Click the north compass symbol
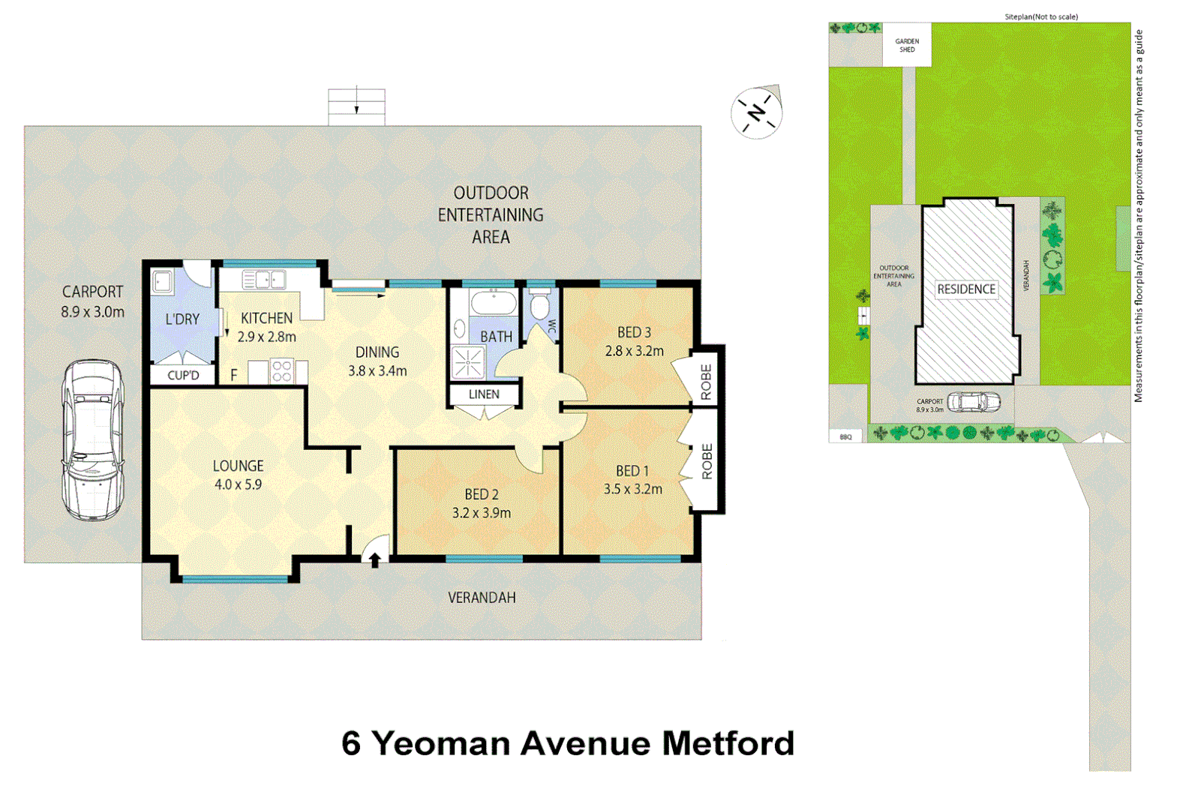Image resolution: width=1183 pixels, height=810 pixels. point(757,113)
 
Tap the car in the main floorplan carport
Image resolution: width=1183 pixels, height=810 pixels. point(93,440)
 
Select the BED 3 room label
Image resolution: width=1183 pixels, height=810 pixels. point(634,332)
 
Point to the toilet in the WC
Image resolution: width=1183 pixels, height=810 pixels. point(539,306)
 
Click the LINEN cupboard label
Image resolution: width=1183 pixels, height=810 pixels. point(484,394)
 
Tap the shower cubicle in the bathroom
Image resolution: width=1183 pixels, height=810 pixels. point(468,363)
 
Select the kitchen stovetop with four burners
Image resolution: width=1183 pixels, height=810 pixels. point(282,371)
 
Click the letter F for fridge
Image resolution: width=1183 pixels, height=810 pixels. point(234,375)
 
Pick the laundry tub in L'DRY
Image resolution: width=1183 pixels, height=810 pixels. point(162,283)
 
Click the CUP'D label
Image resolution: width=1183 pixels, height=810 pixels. point(183,375)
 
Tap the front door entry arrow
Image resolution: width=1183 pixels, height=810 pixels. point(374,559)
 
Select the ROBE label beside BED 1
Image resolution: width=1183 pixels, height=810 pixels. point(707,461)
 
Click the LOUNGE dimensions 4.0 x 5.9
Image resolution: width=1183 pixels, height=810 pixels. point(238,484)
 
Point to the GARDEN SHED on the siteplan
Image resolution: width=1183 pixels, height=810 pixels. point(907,46)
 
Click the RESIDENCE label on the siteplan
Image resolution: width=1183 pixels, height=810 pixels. point(966,289)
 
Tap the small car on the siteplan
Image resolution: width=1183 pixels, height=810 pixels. point(973,403)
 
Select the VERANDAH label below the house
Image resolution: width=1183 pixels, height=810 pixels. point(482,598)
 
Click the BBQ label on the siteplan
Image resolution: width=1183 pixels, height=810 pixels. point(846,436)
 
